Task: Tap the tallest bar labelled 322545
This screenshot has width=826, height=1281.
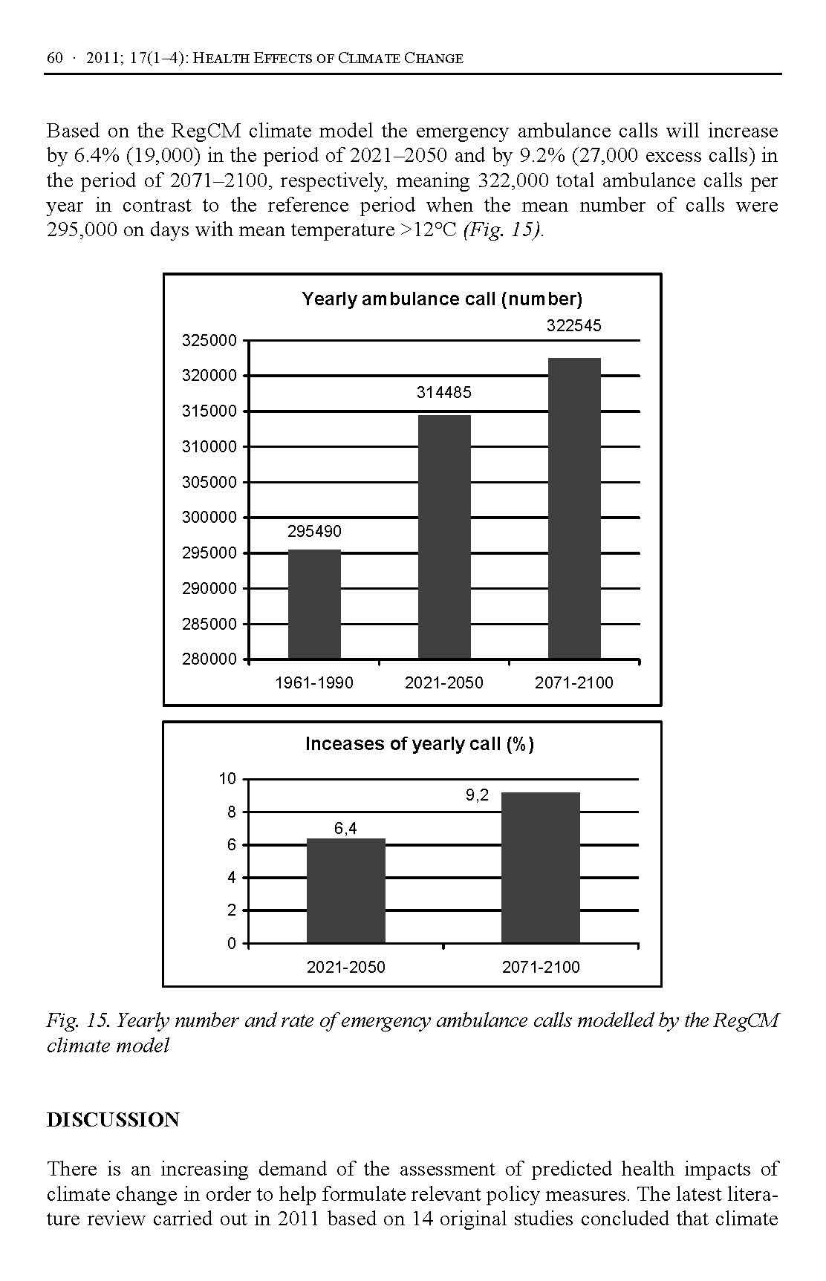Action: coord(574,508)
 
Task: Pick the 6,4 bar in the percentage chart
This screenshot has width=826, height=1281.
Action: coord(345,890)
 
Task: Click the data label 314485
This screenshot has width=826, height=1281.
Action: coord(443,393)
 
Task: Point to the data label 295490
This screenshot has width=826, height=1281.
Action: coord(314,532)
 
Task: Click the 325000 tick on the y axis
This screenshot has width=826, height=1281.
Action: coord(209,341)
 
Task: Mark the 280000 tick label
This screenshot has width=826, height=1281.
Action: coord(209,659)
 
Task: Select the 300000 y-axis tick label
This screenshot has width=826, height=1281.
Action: coord(209,518)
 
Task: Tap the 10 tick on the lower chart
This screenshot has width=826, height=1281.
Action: coord(227,779)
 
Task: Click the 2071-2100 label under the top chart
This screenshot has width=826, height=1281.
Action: coord(574,683)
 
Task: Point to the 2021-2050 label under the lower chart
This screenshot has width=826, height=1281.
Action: coord(345,968)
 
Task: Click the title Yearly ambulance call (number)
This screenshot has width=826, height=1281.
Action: coord(442,299)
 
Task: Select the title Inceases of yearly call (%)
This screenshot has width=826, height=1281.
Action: coord(420,744)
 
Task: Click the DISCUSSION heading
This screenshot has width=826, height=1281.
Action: coord(113,1120)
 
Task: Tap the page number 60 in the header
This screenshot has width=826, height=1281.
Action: coord(54,59)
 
